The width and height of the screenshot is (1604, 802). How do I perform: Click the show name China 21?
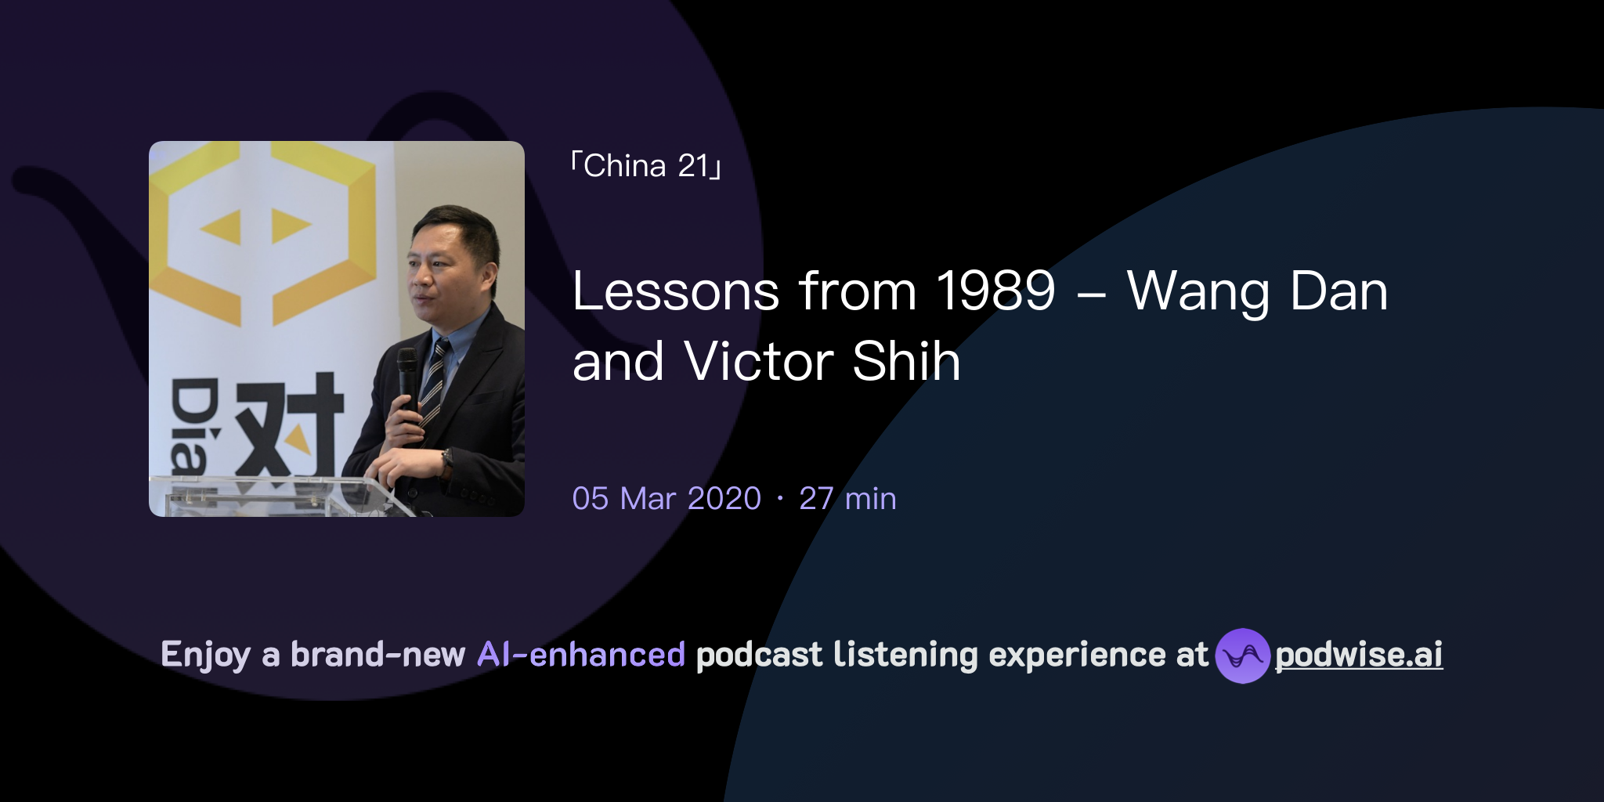click(646, 166)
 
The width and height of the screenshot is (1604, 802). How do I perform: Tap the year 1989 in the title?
click(995, 291)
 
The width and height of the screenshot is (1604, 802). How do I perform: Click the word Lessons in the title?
click(675, 291)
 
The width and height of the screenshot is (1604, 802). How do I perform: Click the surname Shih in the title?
click(906, 362)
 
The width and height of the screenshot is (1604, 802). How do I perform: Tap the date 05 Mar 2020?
click(667, 499)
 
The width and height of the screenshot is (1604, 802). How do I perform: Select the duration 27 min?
click(847, 499)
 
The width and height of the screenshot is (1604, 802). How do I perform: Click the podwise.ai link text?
click(1359, 655)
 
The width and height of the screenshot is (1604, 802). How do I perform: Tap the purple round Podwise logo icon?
click(1242, 656)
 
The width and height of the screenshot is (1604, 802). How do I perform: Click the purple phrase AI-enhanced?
click(581, 655)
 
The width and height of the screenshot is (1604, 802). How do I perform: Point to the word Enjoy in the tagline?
click(205, 656)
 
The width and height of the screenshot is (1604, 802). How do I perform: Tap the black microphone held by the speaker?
click(406, 376)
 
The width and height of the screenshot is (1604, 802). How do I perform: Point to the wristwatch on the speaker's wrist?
click(447, 461)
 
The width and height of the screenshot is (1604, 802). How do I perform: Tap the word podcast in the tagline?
click(759, 655)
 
